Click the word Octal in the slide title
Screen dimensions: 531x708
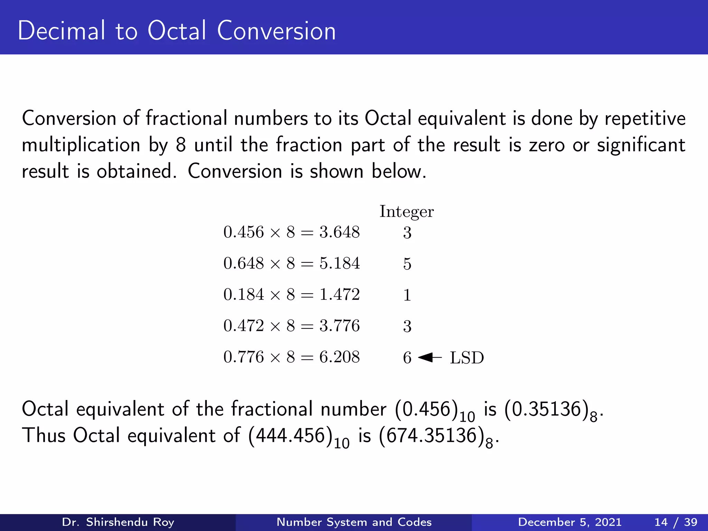pos(177,31)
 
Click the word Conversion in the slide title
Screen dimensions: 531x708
pos(276,31)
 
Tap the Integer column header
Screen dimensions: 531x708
pos(407,212)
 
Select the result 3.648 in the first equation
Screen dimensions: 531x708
pos(339,232)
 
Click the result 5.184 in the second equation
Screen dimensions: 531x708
pos(339,263)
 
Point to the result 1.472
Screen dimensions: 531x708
pos(339,295)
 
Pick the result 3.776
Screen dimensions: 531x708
pos(339,326)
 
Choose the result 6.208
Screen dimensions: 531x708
pos(339,357)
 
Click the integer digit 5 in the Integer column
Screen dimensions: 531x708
pos(407,264)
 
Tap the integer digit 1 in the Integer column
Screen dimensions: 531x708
pos(407,295)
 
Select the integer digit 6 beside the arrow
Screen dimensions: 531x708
pos(407,358)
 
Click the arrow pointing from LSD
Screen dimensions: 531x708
pos(430,357)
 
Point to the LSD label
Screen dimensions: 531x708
pos(467,358)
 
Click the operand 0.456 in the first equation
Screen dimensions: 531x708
pos(244,232)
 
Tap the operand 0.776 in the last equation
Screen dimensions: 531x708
pos(244,357)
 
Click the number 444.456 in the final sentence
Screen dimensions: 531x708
pos(291,436)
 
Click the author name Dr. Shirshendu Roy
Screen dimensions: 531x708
pos(118,522)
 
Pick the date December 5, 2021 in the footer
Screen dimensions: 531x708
pos(570,522)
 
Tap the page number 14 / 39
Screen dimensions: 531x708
pos(676,522)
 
